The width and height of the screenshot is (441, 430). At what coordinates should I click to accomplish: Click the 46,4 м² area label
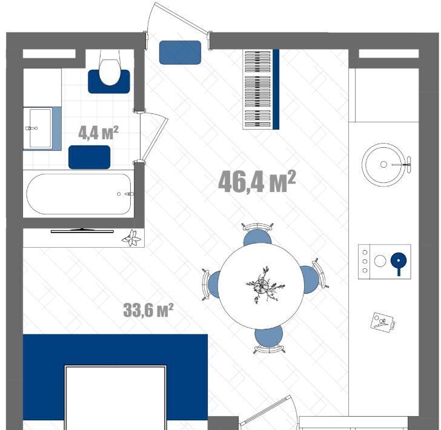click(x=257, y=182)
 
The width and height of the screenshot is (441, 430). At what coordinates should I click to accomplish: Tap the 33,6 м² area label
click(x=148, y=310)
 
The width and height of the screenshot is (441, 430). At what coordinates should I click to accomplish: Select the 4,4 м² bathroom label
click(x=98, y=133)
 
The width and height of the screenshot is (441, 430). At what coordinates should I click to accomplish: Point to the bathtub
click(x=79, y=194)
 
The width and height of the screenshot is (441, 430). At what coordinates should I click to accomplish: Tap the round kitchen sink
click(x=383, y=165)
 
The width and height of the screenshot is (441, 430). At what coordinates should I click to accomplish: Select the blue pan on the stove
click(x=399, y=263)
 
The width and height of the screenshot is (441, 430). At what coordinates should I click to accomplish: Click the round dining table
click(x=261, y=286)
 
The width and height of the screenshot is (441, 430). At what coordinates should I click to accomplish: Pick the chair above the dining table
click(x=257, y=235)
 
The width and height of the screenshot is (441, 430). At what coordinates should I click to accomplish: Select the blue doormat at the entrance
click(x=180, y=53)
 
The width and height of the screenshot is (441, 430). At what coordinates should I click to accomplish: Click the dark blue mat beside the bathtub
click(x=90, y=157)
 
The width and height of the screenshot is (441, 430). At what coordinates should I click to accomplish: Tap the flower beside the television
click(x=131, y=238)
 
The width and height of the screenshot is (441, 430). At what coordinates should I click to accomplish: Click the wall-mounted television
click(x=82, y=231)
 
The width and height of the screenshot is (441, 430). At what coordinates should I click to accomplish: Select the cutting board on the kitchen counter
click(x=383, y=321)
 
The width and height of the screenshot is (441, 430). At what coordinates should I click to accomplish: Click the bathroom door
click(x=154, y=137)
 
